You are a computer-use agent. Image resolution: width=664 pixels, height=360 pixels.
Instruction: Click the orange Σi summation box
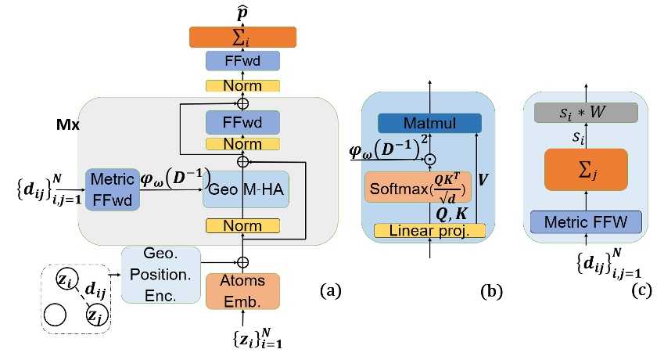242,37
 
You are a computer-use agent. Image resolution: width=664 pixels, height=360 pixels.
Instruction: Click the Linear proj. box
429,230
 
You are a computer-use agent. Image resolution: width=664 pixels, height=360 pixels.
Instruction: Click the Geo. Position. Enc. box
161,275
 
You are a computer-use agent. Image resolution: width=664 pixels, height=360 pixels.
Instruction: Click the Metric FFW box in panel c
585,221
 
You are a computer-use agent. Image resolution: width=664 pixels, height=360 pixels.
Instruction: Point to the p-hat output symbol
242,12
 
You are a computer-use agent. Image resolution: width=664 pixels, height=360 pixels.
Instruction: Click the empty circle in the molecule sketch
56,314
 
